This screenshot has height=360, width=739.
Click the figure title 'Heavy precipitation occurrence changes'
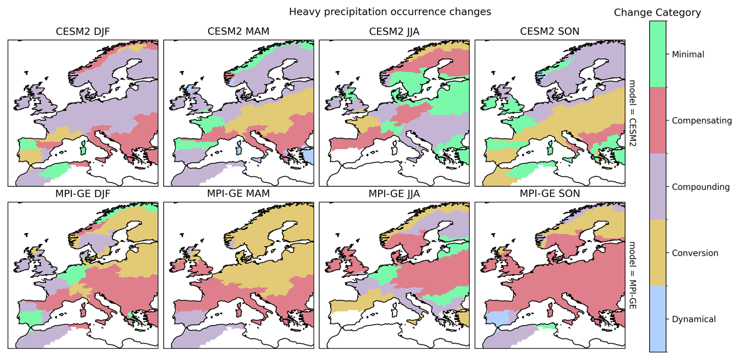(390, 12)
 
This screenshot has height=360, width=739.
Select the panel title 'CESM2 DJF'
(83, 32)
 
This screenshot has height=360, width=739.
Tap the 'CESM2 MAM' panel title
(238, 32)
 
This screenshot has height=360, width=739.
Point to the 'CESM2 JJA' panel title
(394, 32)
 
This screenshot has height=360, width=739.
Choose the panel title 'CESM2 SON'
(550, 32)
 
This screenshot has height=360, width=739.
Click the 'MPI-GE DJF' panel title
(83, 194)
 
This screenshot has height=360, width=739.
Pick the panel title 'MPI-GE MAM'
(238, 194)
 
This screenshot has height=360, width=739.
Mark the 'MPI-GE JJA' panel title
(394, 194)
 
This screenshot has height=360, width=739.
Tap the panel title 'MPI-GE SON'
(550, 194)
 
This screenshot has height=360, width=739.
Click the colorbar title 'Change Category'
(657, 13)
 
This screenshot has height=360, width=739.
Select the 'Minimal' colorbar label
(688, 55)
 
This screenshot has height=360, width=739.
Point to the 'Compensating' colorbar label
(702, 121)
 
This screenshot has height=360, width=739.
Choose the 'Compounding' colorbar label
(700, 187)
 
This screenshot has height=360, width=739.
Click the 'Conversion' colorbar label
(695, 253)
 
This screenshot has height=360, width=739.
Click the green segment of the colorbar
(658, 54)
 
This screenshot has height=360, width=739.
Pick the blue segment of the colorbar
(658, 319)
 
